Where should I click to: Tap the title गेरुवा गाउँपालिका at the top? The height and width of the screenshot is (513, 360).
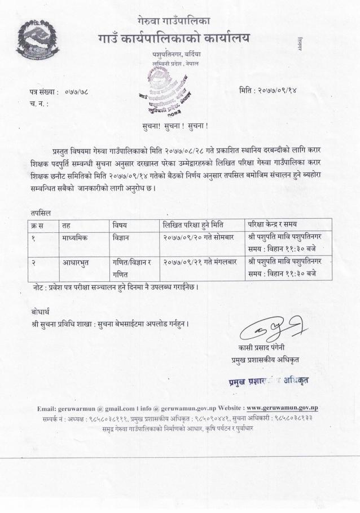pos(173,20)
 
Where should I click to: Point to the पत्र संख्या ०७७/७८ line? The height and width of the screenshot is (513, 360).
pos(56,90)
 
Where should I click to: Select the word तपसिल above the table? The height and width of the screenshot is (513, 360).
pos(41,213)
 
